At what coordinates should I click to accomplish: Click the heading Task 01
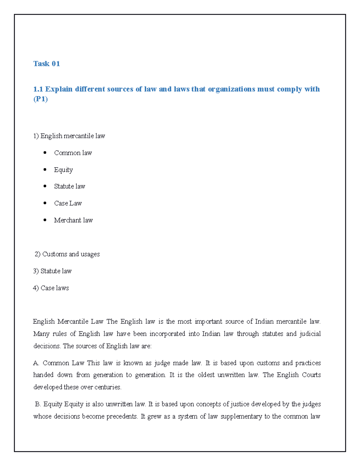point(46,64)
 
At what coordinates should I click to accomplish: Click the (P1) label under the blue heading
point(40,99)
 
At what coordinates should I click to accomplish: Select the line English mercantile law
point(69,136)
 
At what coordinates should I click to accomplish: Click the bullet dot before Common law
point(45,153)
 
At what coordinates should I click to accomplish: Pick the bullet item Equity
point(63,170)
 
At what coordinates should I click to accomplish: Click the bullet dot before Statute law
point(45,186)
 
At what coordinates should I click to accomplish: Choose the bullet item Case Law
point(68,203)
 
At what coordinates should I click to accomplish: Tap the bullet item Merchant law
point(73,220)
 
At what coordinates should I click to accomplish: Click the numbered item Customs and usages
point(67,254)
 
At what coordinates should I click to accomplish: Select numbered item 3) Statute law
point(52,271)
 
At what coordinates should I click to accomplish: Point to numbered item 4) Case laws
point(51,288)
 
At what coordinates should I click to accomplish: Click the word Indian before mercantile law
point(264,322)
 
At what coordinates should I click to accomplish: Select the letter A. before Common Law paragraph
point(36,363)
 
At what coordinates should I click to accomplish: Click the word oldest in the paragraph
point(206,375)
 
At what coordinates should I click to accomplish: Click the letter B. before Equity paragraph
point(38,404)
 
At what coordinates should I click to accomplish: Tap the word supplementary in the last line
point(241,416)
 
